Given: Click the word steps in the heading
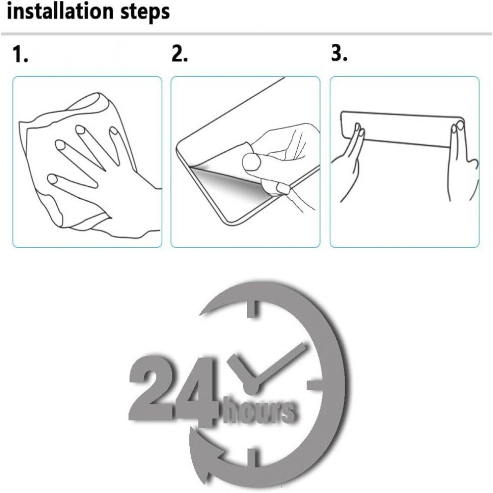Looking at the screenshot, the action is [x=144, y=12].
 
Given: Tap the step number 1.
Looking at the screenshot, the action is [x=20, y=54].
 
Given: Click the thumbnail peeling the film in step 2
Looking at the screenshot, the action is [x=251, y=162].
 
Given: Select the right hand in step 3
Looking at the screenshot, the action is [x=462, y=160].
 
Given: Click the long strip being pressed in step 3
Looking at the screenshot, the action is [x=402, y=129].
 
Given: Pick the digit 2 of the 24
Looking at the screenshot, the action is [x=150, y=387].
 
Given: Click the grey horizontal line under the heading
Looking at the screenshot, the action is [x=246, y=34].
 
